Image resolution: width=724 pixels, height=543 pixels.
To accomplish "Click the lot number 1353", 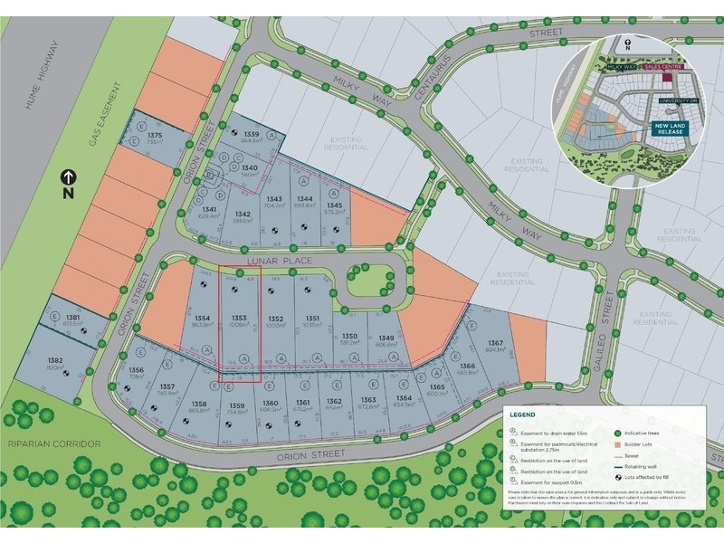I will (x=240, y=318).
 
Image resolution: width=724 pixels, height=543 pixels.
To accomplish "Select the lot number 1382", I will (x=55, y=360).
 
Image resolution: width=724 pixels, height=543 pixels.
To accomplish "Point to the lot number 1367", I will (x=495, y=343).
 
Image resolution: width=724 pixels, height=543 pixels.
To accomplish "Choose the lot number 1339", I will (x=252, y=133).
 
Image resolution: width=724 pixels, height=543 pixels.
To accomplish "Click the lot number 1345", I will (x=334, y=205).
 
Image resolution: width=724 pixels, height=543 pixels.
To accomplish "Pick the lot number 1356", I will (x=137, y=370).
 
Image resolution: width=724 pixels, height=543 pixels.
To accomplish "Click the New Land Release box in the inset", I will (x=670, y=129).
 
